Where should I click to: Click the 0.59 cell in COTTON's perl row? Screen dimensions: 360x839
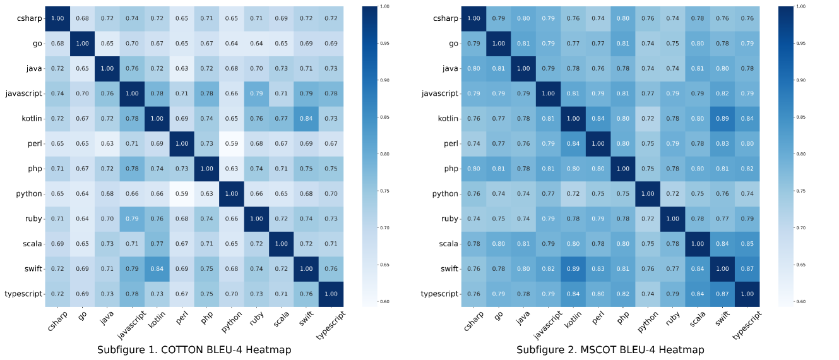click(x=232, y=143)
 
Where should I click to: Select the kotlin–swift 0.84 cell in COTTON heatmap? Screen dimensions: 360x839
click(x=306, y=118)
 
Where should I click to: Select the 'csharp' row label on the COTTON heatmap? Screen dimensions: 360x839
click(x=30, y=18)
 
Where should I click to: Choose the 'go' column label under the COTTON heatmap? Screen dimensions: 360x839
click(x=81, y=316)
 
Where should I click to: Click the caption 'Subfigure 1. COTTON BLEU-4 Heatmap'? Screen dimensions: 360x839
click(x=194, y=349)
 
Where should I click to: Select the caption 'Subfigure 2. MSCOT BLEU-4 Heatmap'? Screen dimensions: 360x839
click(x=610, y=349)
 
